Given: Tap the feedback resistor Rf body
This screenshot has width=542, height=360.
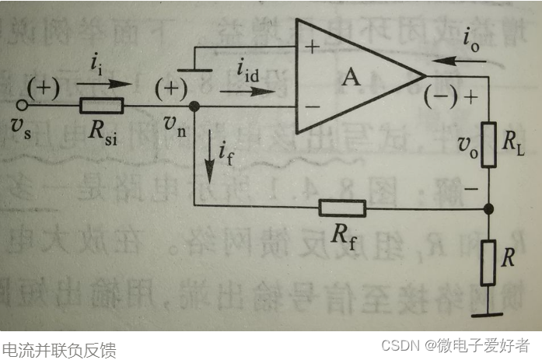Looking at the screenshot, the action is pos(341,208).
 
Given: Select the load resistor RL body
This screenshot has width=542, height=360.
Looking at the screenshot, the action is pos(489,143).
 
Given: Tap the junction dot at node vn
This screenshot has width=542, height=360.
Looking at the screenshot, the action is pos(194,106).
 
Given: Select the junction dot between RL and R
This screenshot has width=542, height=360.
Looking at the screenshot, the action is pos(489,208).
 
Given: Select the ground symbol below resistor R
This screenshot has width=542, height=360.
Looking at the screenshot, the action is pos(489,315).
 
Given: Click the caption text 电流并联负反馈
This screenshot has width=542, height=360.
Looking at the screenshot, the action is pos(59,349).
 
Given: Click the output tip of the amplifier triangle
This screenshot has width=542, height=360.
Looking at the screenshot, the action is pos(425,75).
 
